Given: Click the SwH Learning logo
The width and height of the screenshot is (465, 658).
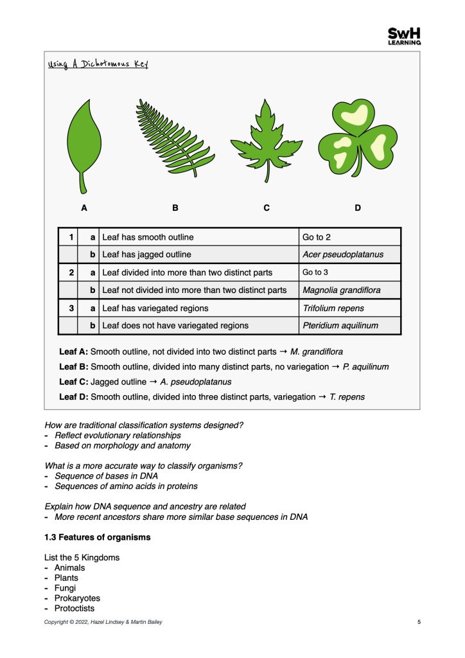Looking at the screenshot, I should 405,36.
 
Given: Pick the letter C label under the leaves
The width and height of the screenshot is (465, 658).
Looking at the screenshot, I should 266,208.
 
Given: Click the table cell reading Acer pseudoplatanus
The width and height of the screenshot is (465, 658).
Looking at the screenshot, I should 343,254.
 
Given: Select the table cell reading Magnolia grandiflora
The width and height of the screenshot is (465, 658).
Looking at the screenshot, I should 341,290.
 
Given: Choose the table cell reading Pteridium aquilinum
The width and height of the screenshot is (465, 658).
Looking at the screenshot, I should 340,326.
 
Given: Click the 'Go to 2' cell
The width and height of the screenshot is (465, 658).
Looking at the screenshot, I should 317,237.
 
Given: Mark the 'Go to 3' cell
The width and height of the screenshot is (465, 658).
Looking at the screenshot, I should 315,272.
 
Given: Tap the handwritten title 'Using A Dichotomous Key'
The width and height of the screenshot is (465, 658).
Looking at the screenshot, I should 99,64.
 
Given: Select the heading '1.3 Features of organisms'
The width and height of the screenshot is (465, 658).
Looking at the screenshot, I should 97,537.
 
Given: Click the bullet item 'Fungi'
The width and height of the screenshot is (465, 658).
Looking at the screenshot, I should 65,588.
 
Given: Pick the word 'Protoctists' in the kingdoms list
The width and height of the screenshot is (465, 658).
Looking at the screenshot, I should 74,609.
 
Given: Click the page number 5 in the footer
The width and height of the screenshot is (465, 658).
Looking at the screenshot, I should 419,622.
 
